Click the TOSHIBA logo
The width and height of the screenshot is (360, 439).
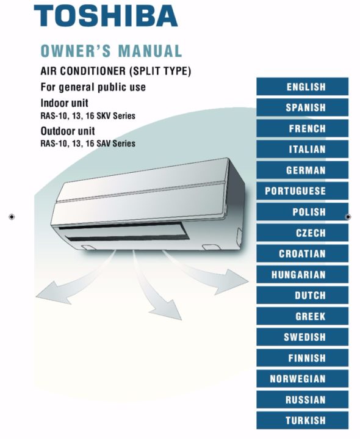pyautogui.click(x=106, y=16)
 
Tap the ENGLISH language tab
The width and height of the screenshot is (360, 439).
pyautogui.click(x=303, y=87)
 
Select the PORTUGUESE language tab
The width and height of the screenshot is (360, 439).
pyautogui.click(x=303, y=191)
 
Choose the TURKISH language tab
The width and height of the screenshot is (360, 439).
pyautogui.click(x=303, y=420)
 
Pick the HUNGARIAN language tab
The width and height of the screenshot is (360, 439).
pyautogui.click(x=303, y=274)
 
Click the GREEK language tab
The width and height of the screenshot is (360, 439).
pyautogui.click(x=303, y=316)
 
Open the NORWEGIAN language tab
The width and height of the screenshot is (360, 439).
pyautogui.click(x=303, y=379)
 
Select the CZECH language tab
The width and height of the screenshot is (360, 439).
pyautogui.click(x=303, y=233)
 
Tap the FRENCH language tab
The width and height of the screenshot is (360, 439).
pyautogui.click(x=303, y=128)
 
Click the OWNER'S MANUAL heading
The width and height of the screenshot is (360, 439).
pyautogui.click(x=111, y=51)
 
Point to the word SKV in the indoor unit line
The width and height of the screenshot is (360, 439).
pyautogui.click(x=103, y=116)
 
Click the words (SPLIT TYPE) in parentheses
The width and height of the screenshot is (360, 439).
pyautogui.click(x=160, y=71)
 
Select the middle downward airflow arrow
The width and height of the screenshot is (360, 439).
pyautogui.click(x=153, y=288)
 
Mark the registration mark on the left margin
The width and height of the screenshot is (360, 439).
pyautogui.click(x=12, y=217)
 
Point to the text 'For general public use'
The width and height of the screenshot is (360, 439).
pyautogui.click(x=93, y=87)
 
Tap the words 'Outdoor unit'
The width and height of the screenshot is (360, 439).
pyautogui.click(x=68, y=131)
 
